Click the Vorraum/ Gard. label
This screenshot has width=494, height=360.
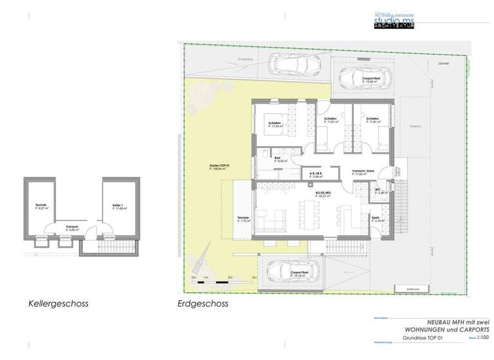coord(364,172)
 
